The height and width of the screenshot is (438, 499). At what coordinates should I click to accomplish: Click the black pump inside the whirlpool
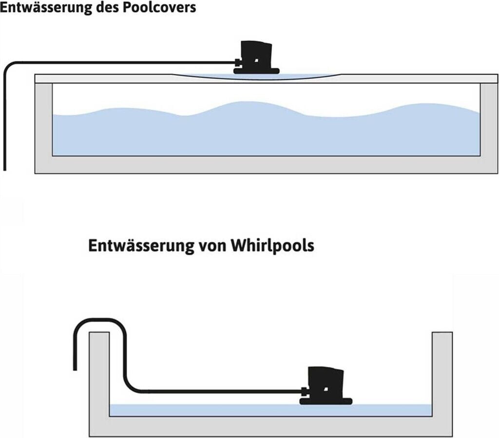(x=326, y=385)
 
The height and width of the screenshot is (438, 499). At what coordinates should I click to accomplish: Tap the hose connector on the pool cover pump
(x=238, y=62)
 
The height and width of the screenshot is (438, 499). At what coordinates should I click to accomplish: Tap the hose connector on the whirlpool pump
(x=304, y=390)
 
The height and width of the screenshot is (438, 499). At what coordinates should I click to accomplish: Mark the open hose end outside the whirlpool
(x=75, y=367)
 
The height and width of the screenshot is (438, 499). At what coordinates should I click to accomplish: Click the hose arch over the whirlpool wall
(x=99, y=322)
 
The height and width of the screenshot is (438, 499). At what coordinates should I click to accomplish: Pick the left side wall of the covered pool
(x=43, y=122)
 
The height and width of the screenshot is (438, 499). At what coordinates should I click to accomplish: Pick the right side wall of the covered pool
(x=489, y=122)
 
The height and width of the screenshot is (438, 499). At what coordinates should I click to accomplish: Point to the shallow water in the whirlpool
(x=219, y=410)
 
